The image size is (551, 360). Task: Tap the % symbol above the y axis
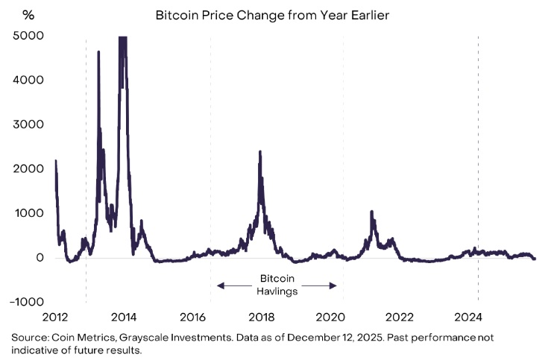pyautogui.click(x=28, y=14)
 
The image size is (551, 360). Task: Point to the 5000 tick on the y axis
pyautogui.click(x=28, y=36)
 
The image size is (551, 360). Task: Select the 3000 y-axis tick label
pyautogui.click(x=28, y=124)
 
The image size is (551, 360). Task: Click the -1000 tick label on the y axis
pyautogui.click(x=25, y=302)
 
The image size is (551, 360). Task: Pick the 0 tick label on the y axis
pyautogui.click(x=39, y=258)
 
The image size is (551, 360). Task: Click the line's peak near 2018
pyautogui.click(x=259, y=152)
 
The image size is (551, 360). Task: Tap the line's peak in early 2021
pyautogui.click(x=371, y=212)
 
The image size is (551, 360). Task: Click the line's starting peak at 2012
pyautogui.click(x=56, y=161)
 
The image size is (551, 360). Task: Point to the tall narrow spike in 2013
pyautogui.click(x=98, y=52)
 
